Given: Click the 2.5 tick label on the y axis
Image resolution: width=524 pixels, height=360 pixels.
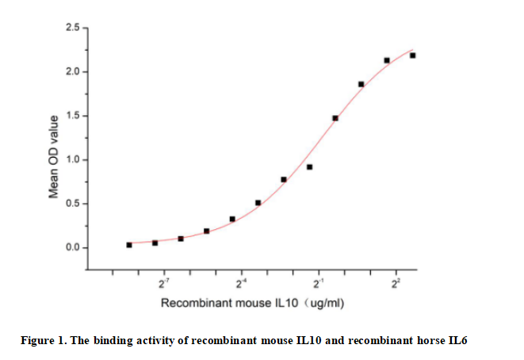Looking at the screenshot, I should tap(73, 29).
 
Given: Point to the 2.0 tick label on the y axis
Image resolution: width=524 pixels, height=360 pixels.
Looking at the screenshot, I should tap(73, 72).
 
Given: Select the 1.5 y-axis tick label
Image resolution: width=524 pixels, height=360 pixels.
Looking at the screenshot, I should tap(73, 117).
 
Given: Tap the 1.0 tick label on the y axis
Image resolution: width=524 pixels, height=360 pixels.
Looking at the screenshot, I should tap(73, 160).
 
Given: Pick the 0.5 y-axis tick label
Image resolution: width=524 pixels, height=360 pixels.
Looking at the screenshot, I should tap(73, 204).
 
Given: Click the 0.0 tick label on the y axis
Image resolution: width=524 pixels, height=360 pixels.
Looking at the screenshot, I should tap(73, 248).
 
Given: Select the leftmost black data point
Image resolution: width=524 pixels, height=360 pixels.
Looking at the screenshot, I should tap(129, 245).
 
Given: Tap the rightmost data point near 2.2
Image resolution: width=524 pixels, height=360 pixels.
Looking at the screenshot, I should tap(412, 56).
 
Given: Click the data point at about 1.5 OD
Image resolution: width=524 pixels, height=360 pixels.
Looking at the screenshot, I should tap(335, 118).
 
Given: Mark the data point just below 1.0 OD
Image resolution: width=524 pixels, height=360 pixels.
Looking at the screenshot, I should tap(309, 167).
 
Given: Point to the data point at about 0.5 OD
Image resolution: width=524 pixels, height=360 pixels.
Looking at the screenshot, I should tap(258, 203).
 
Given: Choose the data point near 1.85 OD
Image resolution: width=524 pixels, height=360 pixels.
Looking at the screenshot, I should tap(361, 84).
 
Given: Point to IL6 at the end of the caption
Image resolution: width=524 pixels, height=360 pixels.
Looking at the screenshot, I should tap(457, 341).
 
